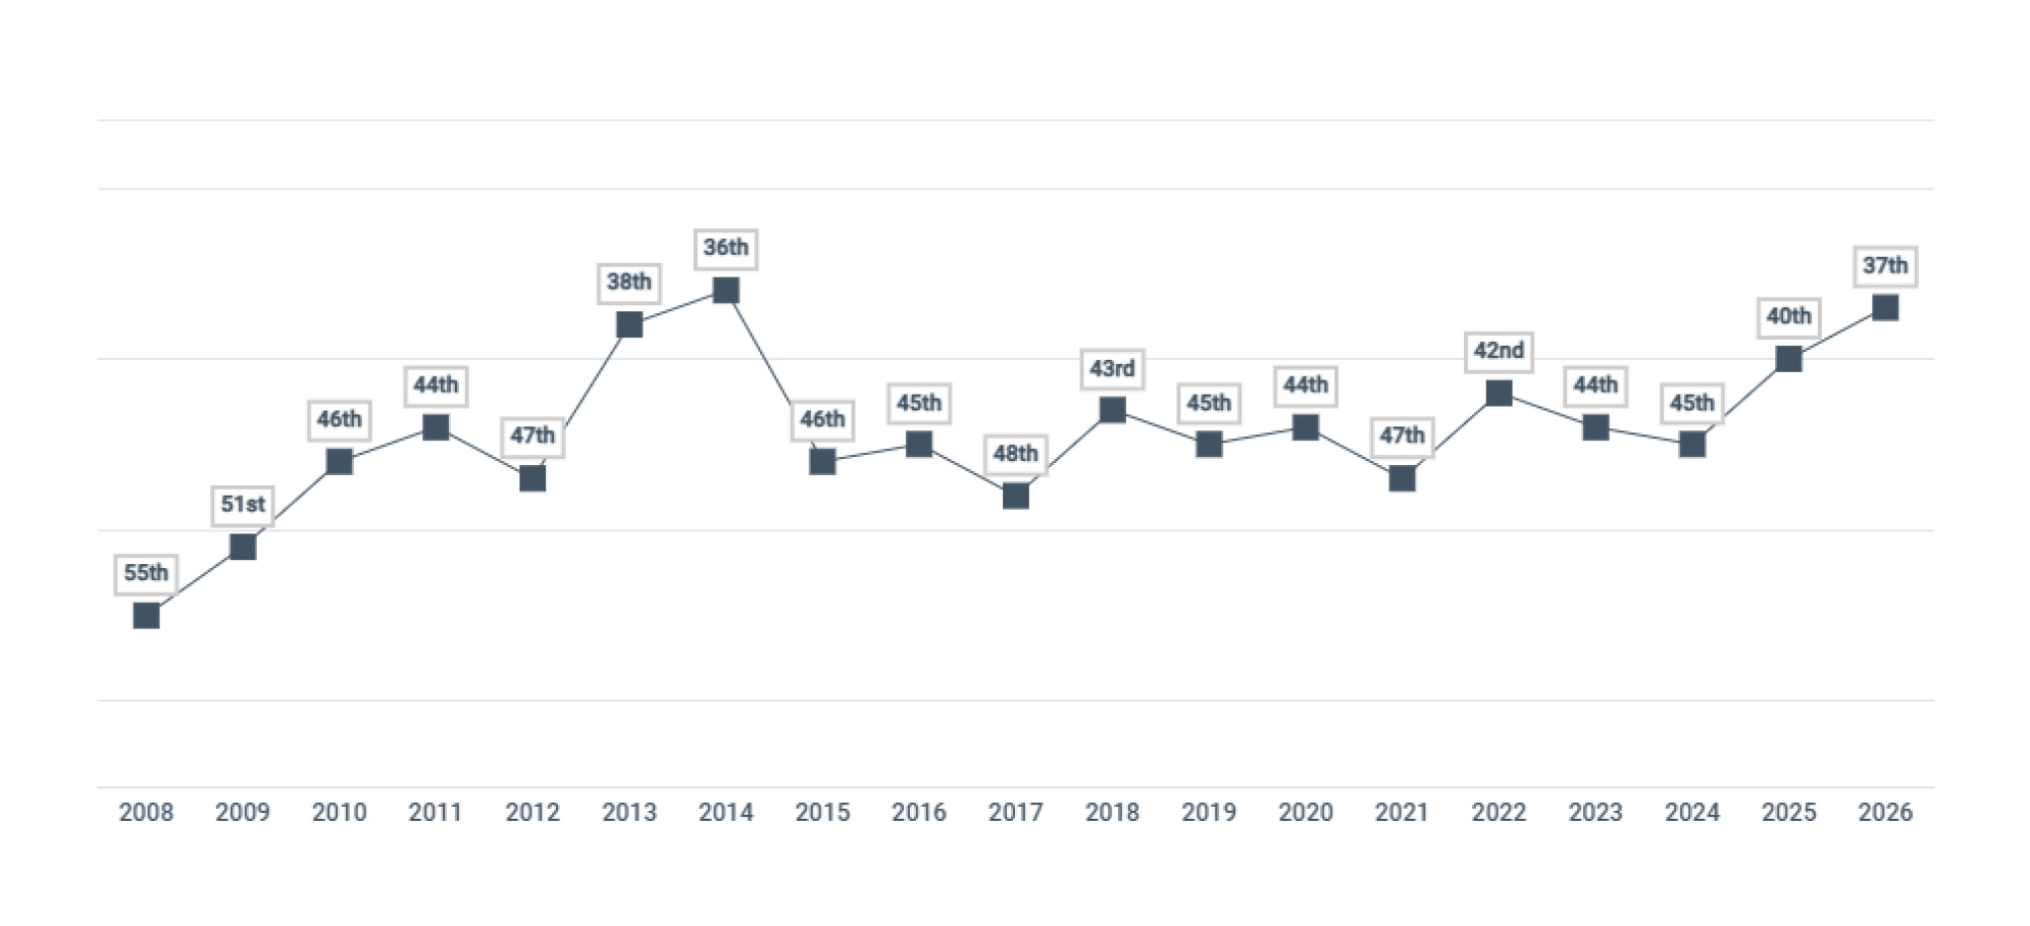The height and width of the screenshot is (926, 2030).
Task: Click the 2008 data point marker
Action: coord(146,616)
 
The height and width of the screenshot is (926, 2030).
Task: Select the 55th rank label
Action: coord(146,573)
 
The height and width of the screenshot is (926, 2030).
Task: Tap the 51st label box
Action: coord(243,505)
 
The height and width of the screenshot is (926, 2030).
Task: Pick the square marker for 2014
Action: coord(726,290)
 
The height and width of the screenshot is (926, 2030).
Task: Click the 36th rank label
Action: coord(726,248)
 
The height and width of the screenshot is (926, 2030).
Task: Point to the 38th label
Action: coord(629,283)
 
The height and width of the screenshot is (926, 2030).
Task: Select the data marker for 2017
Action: coord(1015,496)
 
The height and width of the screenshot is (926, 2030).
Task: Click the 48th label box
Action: coord(1015,454)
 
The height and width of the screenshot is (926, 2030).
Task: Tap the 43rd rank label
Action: coord(1112,369)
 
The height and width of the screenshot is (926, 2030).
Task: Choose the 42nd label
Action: coord(1499,351)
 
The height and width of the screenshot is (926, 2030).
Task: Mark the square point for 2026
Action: coord(1884,307)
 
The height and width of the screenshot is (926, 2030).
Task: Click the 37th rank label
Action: coord(1884,266)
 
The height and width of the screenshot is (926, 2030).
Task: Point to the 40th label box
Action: coord(1788,316)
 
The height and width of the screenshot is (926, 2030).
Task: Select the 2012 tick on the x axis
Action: coord(532,812)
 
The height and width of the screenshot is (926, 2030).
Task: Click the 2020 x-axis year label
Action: coord(1305,812)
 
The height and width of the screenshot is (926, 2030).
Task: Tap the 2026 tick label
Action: coord(1884,812)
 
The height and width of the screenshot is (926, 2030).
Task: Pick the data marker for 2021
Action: coord(1402,479)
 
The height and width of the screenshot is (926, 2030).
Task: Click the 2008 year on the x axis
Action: coord(146,812)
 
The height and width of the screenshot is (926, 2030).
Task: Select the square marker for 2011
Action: coord(436,427)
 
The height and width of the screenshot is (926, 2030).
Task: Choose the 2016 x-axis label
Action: coord(919,812)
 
